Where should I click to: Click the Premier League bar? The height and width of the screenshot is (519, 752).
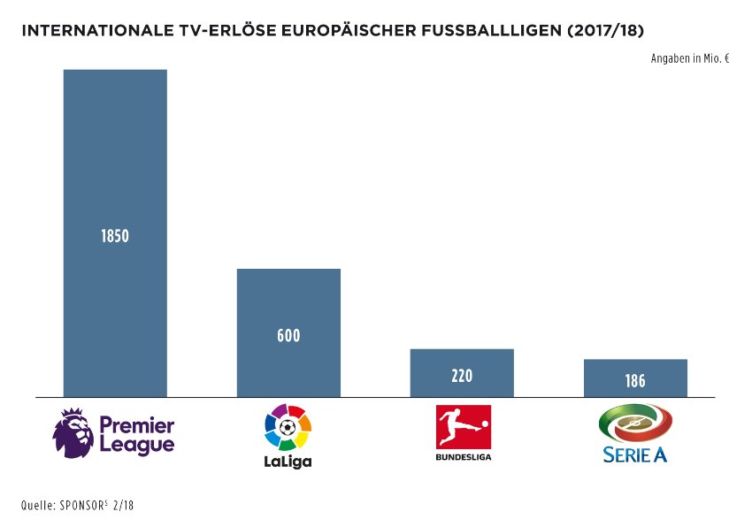pos(115,159)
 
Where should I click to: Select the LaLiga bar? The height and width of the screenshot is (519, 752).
pos(288,301)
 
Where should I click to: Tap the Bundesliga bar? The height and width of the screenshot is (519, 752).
pos(462,363)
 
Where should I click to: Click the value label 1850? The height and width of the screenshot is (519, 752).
pos(115,237)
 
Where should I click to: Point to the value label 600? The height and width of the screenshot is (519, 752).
pos(288,336)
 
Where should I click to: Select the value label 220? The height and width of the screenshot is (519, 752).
pos(462,376)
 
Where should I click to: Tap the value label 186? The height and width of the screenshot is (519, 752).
pos(635,381)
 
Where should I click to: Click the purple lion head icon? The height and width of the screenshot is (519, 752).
pos(73,434)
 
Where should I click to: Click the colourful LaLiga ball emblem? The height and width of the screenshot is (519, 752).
pos(288,428)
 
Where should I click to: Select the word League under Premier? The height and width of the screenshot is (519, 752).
pos(136,445)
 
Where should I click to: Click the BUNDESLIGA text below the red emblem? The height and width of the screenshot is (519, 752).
pos(464,457)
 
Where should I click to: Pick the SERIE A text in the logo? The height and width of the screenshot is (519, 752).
pos(635,455)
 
